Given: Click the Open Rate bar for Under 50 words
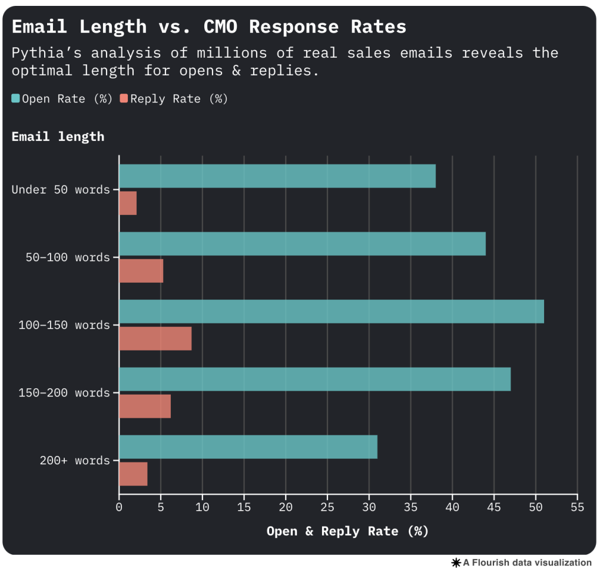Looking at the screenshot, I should [277, 176].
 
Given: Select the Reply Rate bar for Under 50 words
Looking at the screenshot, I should [128, 203].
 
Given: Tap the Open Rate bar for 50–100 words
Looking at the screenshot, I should [302, 244].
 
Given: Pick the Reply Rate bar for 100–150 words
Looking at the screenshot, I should [155, 339].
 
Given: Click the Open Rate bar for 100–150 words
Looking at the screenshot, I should [331, 312].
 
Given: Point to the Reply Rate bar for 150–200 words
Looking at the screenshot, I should [145, 406].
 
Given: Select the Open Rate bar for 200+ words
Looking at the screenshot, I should [248, 447].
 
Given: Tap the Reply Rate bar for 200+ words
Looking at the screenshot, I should [133, 474].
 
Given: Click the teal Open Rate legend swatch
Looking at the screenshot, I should [16, 98].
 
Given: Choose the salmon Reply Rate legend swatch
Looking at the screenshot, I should [124, 98].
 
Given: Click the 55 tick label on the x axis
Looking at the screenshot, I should [578, 507].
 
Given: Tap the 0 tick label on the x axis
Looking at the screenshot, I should [119, 507].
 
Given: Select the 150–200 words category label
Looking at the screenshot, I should [64, 393].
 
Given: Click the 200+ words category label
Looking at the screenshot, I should [75, 461].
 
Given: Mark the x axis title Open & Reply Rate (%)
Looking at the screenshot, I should [347, 531].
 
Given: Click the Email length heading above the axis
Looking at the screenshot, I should [58, 137].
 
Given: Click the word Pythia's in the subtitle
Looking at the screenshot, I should [46, 52].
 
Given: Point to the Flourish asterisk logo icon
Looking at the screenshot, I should [456, 563].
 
